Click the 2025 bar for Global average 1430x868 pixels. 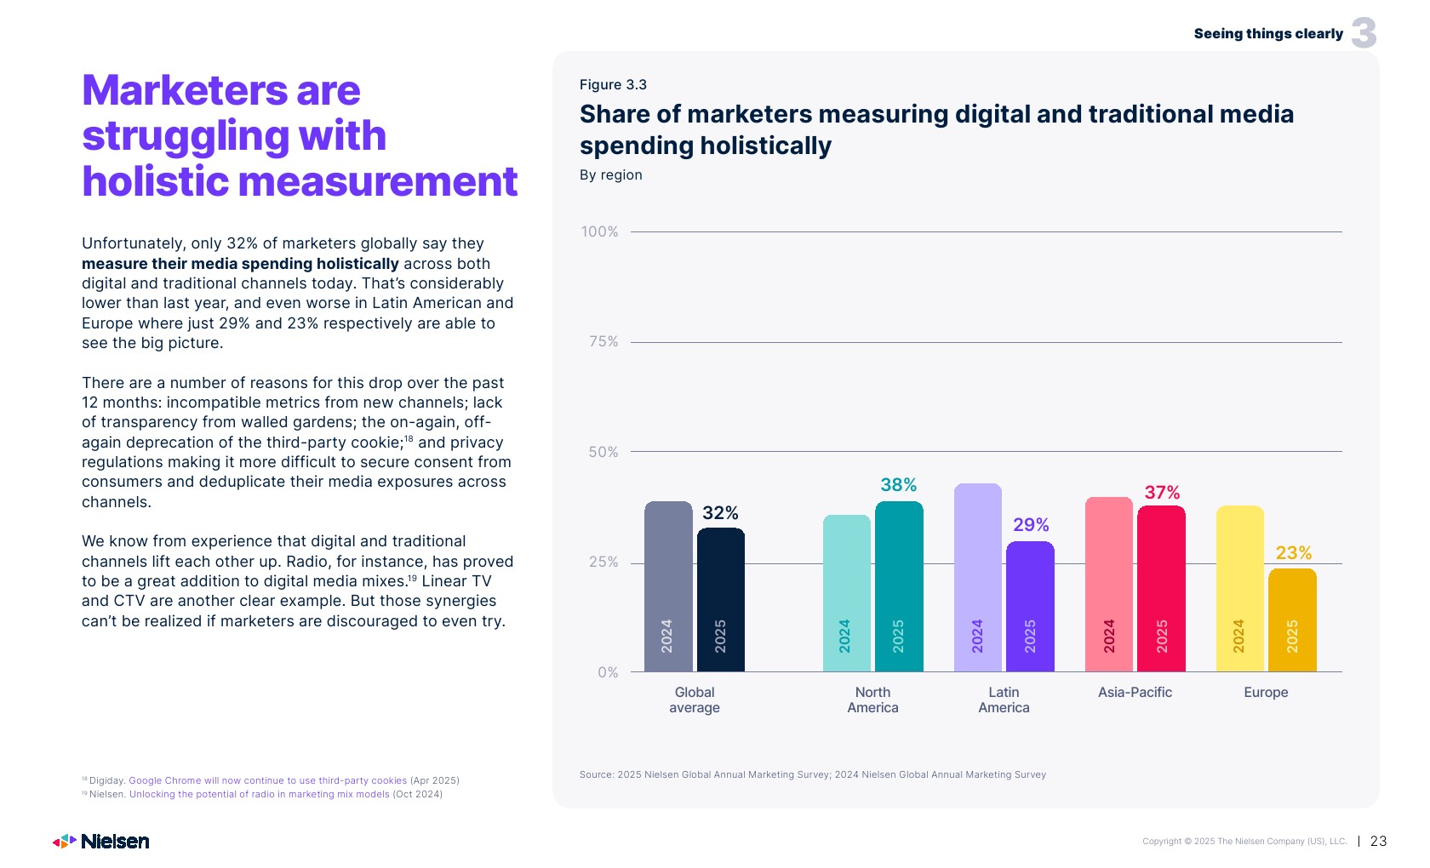(x=720, y=600)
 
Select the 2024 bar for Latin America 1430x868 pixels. (x=977, y=578)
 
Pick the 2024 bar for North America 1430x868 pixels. (x=846, y=593)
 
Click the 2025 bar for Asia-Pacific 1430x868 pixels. (x=1161, y=589)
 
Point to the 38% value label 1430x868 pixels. (x=898, y=485)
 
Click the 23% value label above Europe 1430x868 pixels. (x=1293, y=553)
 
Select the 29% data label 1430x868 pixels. (x=1031, y=525)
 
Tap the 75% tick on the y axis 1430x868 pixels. (x=603, y=342)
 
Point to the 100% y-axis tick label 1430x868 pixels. (x=599, y=231)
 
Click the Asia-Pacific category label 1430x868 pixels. (x=1135, y=693)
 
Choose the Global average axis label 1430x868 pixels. (x=695, y=700)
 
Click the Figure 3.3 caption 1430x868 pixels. (x=613, y=85)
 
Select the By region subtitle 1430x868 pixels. (x=610, y=175)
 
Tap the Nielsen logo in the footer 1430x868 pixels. (x=101, y=842)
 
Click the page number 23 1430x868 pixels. (x=1378, y=842)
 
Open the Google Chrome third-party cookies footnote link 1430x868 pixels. (x=267, y=780)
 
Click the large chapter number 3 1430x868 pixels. (x=1364, y=33)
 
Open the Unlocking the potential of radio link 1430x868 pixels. (x=259, y=795)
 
